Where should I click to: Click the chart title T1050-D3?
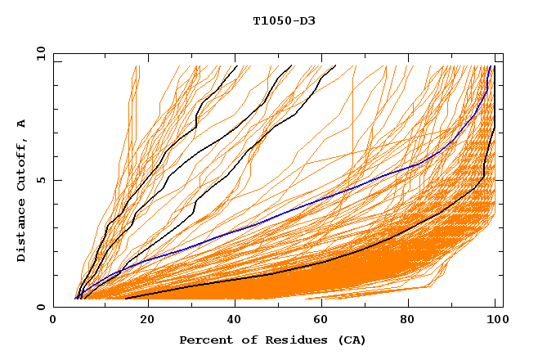tap(284, 21)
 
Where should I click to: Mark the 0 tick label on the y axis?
tap(39, 307)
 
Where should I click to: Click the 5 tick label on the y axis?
tap(39, 180)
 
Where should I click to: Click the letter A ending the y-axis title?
tap(22, 123)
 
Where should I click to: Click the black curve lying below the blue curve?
tap(327, 261)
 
